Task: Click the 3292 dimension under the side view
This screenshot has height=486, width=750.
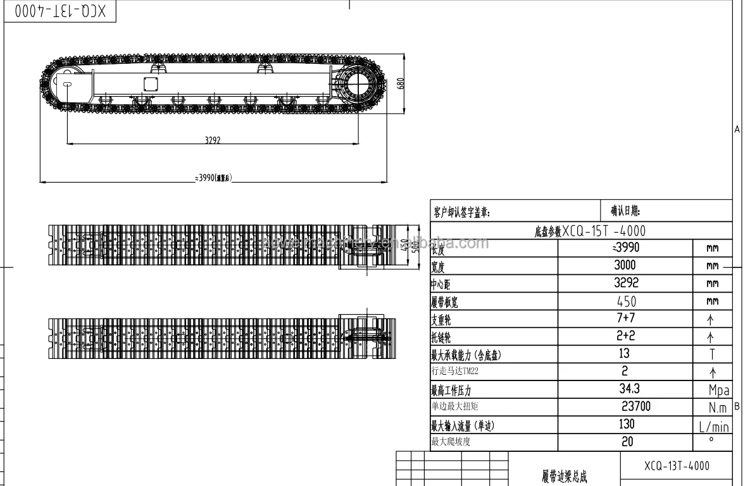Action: click(212, 141)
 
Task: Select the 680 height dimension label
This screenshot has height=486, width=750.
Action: click(401, 84)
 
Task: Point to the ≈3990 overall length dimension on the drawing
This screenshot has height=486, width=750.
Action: click(213, 179)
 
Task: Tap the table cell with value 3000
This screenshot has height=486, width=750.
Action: click(625, 266)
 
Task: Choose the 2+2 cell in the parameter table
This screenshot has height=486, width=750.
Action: click(625, 337)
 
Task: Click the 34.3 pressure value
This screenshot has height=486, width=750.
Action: click(628, 389)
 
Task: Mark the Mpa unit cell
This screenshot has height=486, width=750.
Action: click(713, 391)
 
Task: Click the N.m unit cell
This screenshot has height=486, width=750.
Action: click(713, 408)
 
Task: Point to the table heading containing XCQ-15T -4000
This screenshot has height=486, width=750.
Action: click(581, 231)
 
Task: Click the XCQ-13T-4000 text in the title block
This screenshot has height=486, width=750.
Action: click(677, 466)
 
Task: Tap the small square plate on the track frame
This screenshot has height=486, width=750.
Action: click(151, 84)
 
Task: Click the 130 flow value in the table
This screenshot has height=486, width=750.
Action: click(627, 425)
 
